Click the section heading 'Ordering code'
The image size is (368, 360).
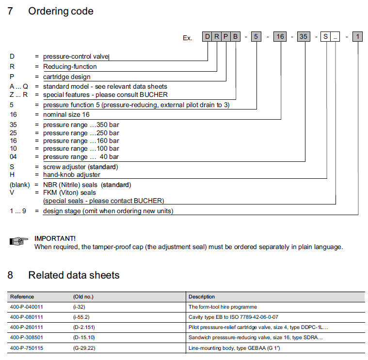tap(61, 11)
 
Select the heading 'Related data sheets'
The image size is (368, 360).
tap(74, 275)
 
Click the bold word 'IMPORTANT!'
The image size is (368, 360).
tap(55, 238)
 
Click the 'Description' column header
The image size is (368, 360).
tap(202, 297)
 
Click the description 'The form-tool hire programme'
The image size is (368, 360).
tap(223, 307)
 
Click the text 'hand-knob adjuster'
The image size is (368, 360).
tap(72, 174)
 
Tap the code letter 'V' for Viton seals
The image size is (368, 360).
tap(12, 192)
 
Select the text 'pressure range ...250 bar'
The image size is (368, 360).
tap(81, 133)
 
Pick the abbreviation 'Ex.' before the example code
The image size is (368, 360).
tap(188, 38)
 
